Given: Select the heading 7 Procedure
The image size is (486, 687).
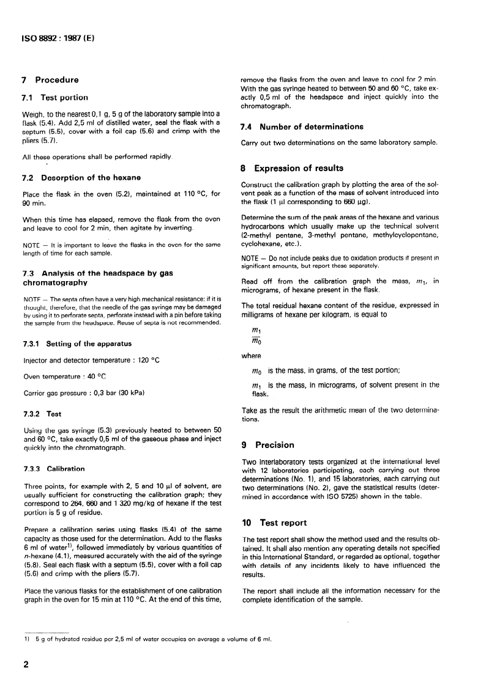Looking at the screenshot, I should [x=50, y=80].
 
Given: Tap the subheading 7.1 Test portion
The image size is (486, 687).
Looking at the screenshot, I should [x=55, y=97].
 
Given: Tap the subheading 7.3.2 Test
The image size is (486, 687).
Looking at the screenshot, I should [x=42, y=414].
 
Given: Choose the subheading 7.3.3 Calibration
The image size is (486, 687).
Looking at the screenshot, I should [x=54, y=469].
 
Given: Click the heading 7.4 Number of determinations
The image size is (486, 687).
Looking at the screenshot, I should [x=302, y=127].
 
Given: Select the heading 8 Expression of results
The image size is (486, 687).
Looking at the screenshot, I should [x=293, y=168].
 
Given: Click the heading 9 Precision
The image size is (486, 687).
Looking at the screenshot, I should [x=269, y=445].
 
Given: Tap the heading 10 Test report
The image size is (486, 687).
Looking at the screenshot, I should [x=275, y=523].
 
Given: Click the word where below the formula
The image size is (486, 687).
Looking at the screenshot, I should [x=252, y=356].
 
